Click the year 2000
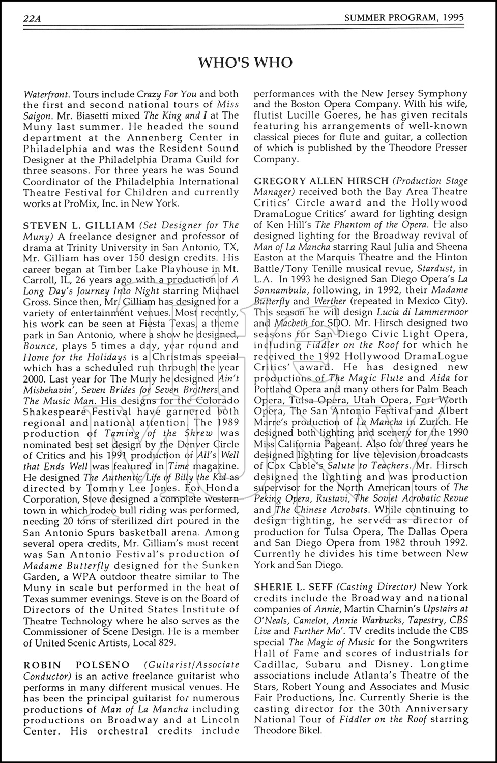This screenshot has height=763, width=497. point(34,379)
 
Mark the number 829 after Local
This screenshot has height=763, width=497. point(165,642)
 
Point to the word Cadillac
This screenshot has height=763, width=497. point(273,664)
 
